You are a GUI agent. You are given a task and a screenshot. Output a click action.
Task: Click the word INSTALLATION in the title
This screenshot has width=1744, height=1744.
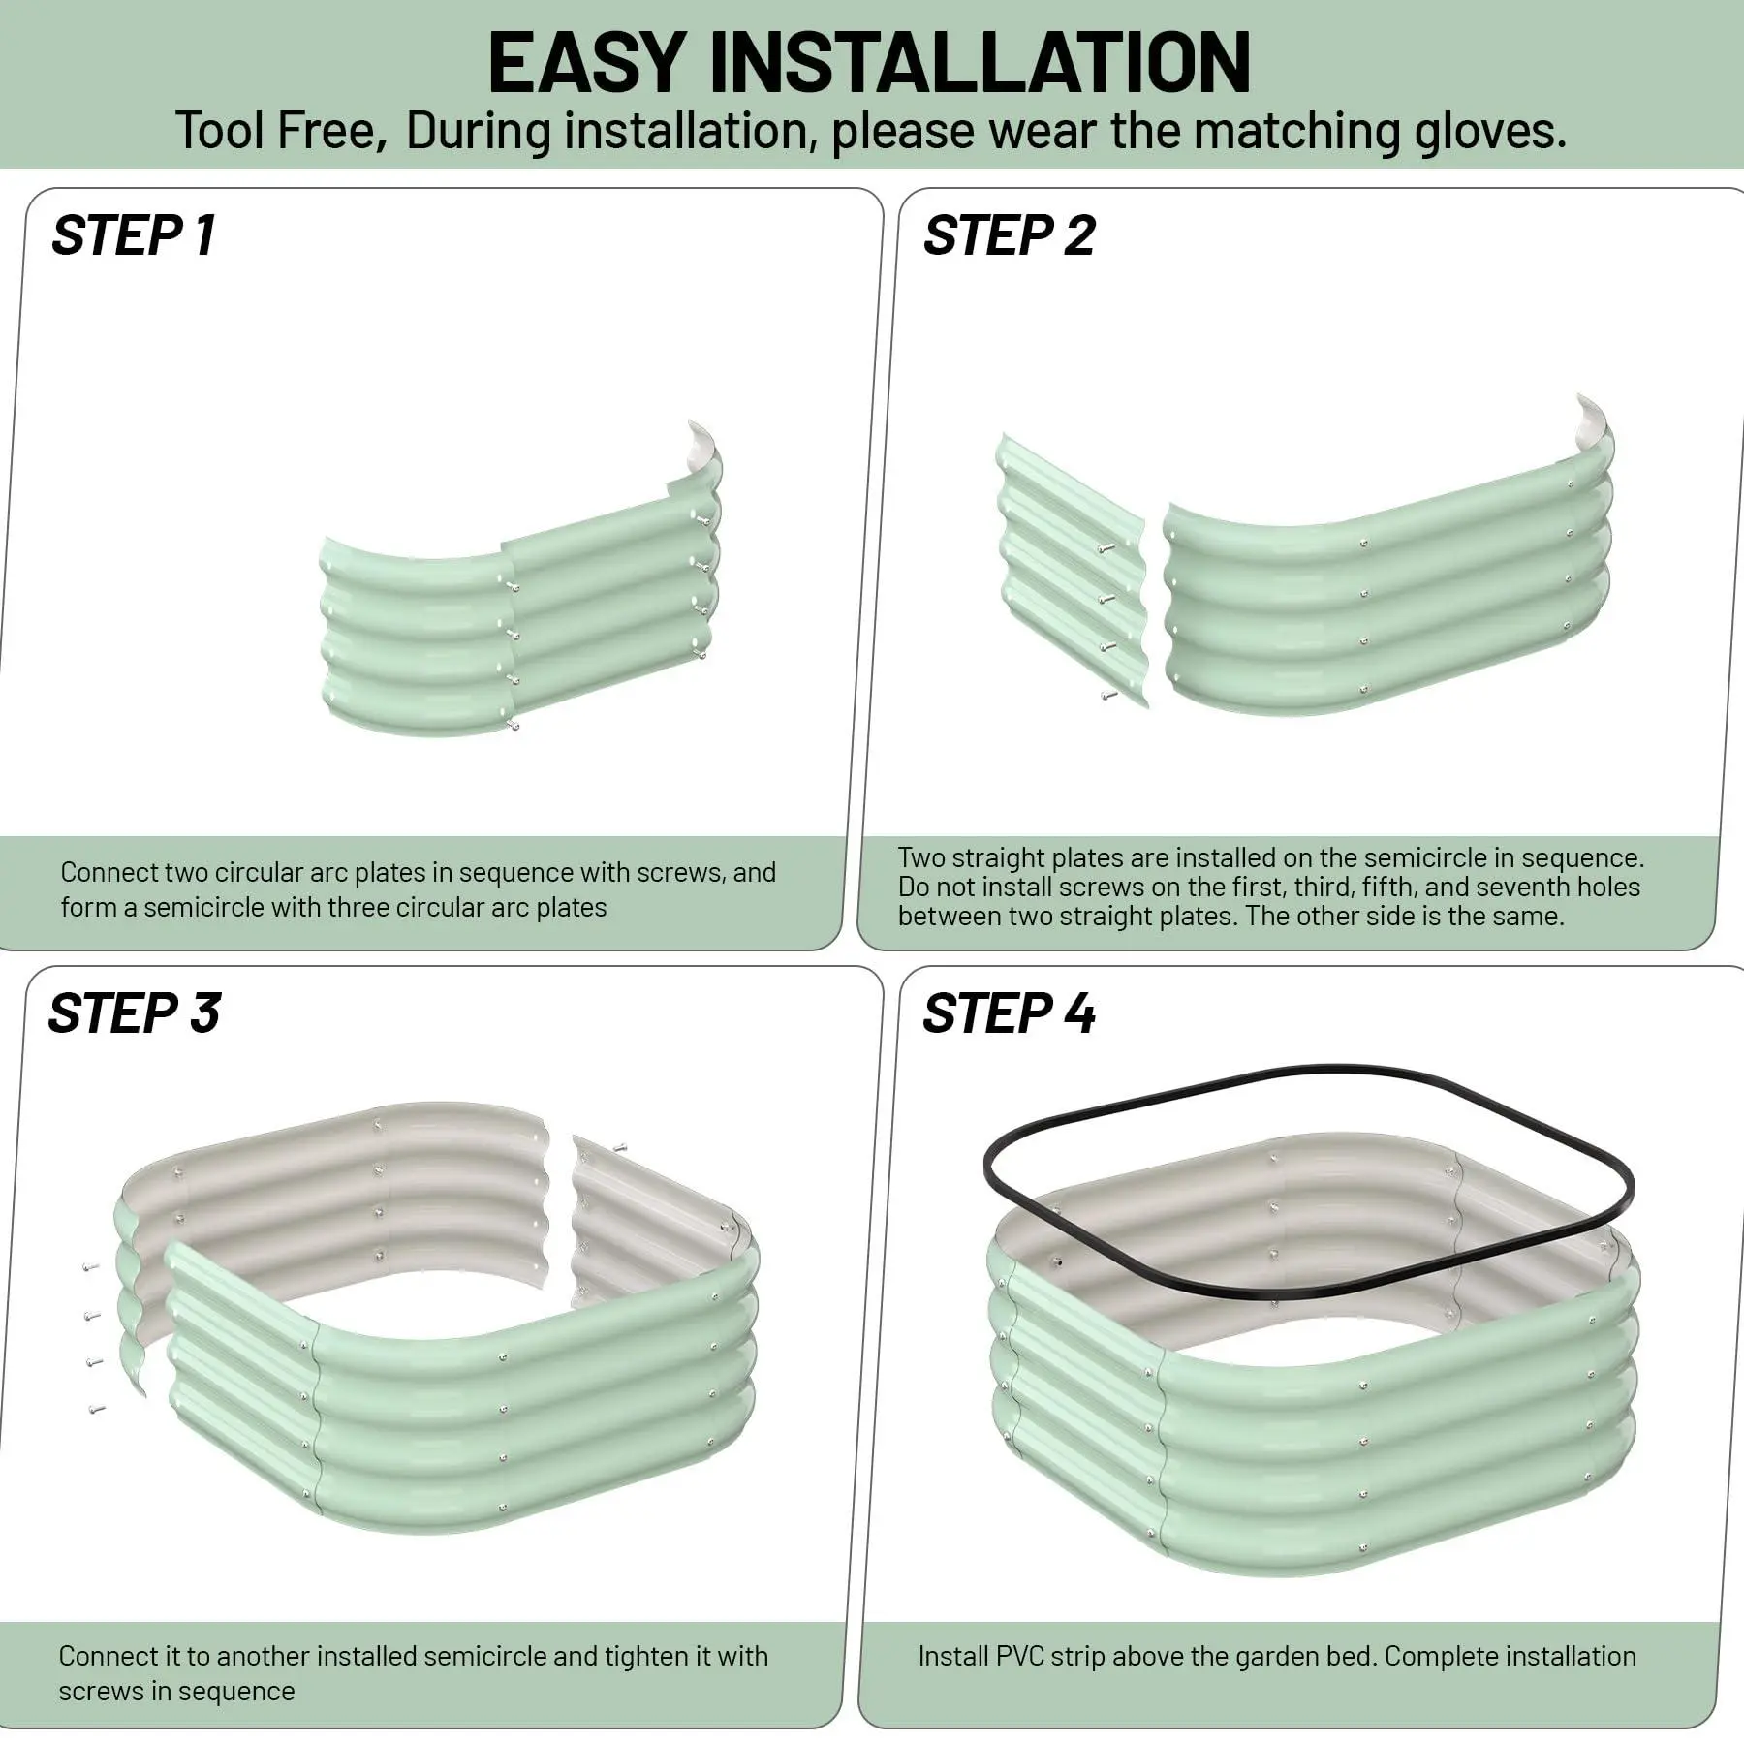(980, 63)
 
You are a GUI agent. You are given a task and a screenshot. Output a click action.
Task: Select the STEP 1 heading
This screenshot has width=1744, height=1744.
(134, 235)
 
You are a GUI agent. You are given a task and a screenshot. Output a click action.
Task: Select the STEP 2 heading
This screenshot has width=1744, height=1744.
(1009, 235)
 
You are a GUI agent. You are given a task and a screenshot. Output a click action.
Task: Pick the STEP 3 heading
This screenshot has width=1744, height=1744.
(134, 1013)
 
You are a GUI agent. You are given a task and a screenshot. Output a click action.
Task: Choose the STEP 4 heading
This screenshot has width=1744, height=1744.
(1009, 1013)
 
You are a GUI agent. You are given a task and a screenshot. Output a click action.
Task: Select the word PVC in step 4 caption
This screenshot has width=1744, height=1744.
(1020, 1656)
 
